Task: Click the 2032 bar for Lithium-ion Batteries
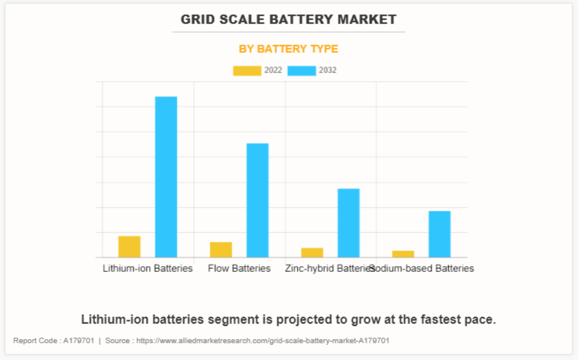166,176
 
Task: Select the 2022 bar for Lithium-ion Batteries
129,247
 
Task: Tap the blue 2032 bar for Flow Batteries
258,200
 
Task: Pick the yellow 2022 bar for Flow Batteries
221,249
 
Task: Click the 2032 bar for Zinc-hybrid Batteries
349,222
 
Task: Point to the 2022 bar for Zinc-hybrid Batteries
312,252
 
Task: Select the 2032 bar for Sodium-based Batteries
440,234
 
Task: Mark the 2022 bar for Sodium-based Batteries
403,254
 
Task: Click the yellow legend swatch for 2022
247,71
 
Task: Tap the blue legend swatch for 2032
301,71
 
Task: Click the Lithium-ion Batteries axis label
147,268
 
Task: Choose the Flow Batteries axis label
239,268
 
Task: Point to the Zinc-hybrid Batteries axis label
328,268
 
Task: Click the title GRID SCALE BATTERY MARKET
289,20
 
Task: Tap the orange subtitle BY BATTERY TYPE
289,49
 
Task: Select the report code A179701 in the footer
78,340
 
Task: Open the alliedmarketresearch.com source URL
263,340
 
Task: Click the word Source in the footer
118,340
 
